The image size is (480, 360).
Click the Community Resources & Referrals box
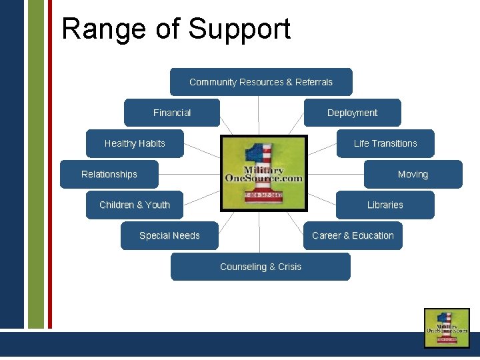coord(261,82)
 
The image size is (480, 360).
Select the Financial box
coord(172,113)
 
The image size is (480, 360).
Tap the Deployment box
coord(352,113)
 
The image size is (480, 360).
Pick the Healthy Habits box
coord(135,143)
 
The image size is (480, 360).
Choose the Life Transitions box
coord(385,143)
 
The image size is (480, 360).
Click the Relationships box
coord(109,174)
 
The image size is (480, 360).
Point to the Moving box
coord(413,174)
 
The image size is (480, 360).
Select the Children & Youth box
coord(135,205)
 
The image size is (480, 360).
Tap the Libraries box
coord(385,205)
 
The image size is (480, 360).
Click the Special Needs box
coord(169,235)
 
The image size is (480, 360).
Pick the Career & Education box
coord(353,235)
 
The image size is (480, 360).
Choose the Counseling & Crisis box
coord(261,267)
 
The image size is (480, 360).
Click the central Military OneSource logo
coord(264,173)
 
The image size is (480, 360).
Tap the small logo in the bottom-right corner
coord(447,327)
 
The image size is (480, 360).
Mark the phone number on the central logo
coord(263,195)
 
